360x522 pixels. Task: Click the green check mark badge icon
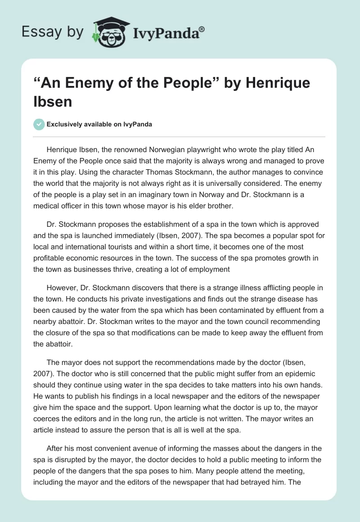[x=40, y=124]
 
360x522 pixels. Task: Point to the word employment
[x=211, y=270]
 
